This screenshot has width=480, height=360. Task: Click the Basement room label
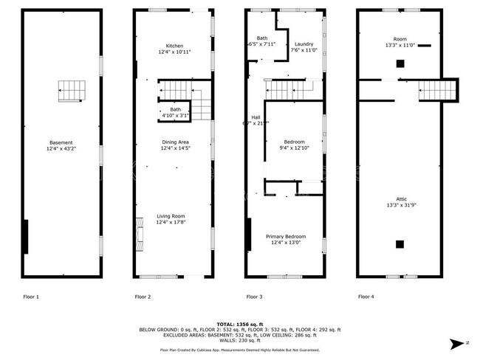click(61, 142)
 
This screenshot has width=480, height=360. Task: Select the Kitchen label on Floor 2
click(175, 46)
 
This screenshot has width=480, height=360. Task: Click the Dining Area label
click(175, 142)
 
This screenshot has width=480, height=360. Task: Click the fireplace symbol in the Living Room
click(138, 235)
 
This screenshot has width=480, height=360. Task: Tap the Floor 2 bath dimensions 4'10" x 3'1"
click(175, 116)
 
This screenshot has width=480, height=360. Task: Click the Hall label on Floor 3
click(256, 117)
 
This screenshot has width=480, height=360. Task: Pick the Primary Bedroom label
click(286, 237)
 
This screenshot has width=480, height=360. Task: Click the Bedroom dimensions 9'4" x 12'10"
click(295, 148)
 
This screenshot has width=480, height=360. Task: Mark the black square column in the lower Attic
click(400, 244)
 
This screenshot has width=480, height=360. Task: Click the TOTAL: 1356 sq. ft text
click(239, 324)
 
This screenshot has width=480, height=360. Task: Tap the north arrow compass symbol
click(458, 343)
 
